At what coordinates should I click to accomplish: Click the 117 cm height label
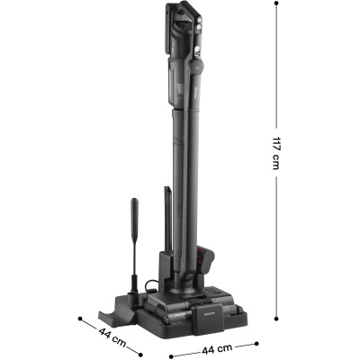(276, 153)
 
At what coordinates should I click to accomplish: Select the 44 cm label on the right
(217, 349)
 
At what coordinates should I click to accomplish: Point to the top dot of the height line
(276, 3)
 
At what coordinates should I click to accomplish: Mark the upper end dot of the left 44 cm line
(80, 319)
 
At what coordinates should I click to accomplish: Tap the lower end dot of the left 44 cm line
(139, 353)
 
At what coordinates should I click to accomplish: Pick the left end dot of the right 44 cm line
(171, 356)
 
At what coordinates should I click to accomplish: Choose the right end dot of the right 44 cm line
(256, 344)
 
